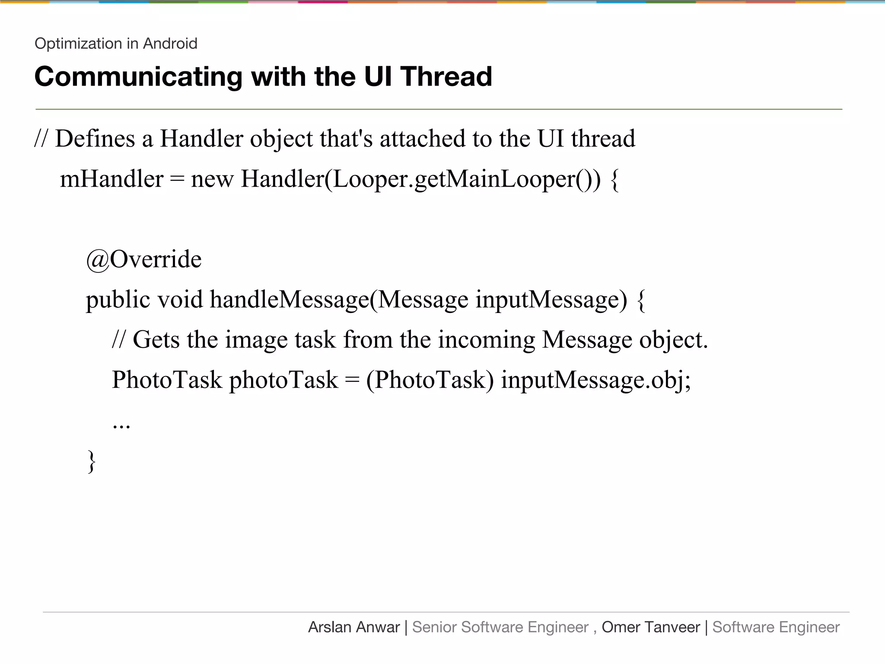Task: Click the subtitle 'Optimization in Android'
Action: tap(116, 44)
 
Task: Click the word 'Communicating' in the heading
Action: tap(138, 77)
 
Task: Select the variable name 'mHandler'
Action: tap(111, 179)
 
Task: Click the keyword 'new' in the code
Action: tap(212, 180)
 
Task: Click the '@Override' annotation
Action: tap(144, 260)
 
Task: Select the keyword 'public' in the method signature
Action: tap(118, 300)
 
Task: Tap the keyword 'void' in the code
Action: tap(180, 300)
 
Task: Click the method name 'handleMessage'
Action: tap(290, 300)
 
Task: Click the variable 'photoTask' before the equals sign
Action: tap(283, 380)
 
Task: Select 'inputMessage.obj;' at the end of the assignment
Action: tap(596, 380)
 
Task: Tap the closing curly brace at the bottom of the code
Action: tap(92, 461)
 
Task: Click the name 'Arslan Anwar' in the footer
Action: tap(354, 627)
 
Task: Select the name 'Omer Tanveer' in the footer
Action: tap(650, 627)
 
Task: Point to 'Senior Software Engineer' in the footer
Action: tap(500, 627)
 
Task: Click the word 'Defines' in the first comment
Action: tap(95, 139)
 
